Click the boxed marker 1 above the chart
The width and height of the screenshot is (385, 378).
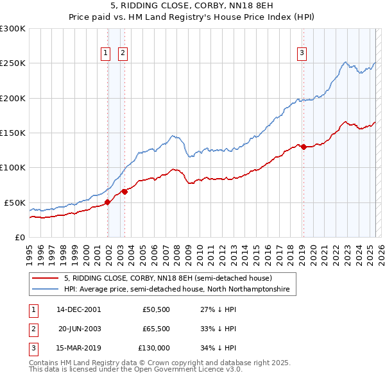coord(105,54)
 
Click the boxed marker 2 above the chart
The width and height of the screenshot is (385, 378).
coord(122,54)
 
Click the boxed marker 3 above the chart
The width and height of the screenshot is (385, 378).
coord(301,54)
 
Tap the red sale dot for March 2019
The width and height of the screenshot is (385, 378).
coord(303,147)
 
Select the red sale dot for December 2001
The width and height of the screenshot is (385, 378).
coord(107,202)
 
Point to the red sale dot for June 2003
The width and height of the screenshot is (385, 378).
coord(124,192)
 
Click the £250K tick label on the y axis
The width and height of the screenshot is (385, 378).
coord(13,63)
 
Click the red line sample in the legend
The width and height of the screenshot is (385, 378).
coord(45,278)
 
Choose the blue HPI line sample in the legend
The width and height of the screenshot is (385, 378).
coord(45,290)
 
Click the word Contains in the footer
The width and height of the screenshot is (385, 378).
coord(44,363)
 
